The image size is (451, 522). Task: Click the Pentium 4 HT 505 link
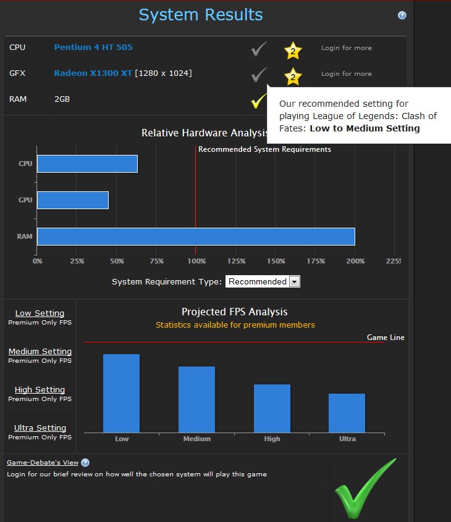pos(93,48)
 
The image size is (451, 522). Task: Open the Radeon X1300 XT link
pos(93,73)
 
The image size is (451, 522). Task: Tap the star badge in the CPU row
pos(293,49)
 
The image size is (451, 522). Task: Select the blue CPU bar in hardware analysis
pos(87,164)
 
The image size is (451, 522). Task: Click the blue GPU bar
pos(73,200)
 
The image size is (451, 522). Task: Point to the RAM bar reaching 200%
pos(196,236)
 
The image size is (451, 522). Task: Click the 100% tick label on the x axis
pos(196,261)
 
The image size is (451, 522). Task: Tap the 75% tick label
pos(156,261)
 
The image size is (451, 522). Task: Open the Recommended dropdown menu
pos(263,281)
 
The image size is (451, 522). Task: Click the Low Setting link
pos(40,313)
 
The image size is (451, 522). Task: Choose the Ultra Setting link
pos(40,428)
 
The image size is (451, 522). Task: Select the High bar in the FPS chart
pos(272,408)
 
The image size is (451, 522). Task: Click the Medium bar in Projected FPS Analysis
pos(196,399)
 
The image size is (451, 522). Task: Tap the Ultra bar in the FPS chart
pos(347,413)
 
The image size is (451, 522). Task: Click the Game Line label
pos(386,338)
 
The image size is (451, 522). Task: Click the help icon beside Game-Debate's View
pos(85,463)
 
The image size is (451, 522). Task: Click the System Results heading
pos(201,15)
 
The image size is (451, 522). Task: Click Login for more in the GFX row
pos(347,73)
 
